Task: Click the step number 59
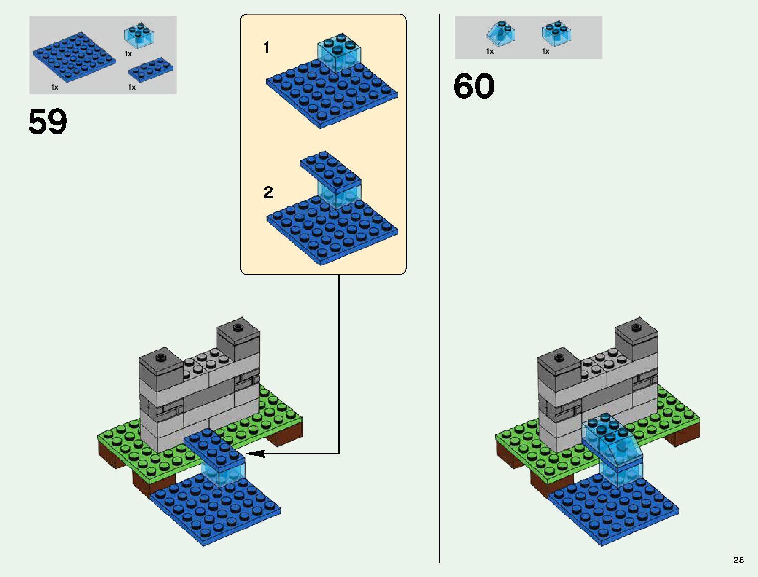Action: [x=47, y=122]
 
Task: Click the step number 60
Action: [x=474, y=87]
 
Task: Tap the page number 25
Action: [x=738, y=560]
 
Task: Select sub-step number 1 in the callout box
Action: [x=266, y=48]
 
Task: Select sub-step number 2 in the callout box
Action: [x=268, y=192]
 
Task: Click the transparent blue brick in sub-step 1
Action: [x=340, y=52]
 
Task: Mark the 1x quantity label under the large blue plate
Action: [x=55, y=87]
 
